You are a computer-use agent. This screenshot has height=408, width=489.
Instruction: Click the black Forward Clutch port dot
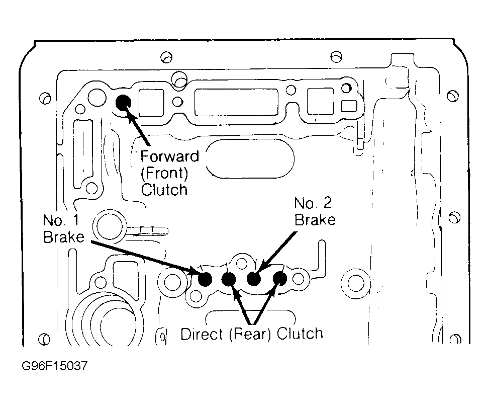coord(123,102)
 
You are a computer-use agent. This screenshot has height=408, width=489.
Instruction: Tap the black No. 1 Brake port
coord(205,279)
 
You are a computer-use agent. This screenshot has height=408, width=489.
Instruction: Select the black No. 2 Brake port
coord(254,278)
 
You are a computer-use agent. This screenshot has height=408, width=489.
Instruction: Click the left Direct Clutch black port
coord(229,279)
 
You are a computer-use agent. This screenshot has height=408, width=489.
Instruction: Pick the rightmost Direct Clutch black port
coord(280,278)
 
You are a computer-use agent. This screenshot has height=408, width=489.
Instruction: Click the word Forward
coord(169,156)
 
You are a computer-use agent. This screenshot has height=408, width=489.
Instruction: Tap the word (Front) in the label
coord(164,173)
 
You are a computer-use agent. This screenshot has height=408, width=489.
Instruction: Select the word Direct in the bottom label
coord(202,334)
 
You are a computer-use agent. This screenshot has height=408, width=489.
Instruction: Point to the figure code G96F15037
coord(55,366)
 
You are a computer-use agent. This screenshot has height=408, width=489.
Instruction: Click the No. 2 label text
coord(313,203)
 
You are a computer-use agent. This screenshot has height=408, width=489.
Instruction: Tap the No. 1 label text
coord(61,220)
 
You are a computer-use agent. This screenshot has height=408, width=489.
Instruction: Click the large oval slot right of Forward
coord(249,158)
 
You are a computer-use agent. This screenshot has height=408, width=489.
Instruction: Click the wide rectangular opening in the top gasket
coord(236,102)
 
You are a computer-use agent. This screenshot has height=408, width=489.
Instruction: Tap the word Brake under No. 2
coord(315,220)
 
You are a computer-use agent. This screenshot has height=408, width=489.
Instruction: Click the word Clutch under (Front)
coord(164,190)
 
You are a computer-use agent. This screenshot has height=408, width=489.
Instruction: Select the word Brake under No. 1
coord(64,237)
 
